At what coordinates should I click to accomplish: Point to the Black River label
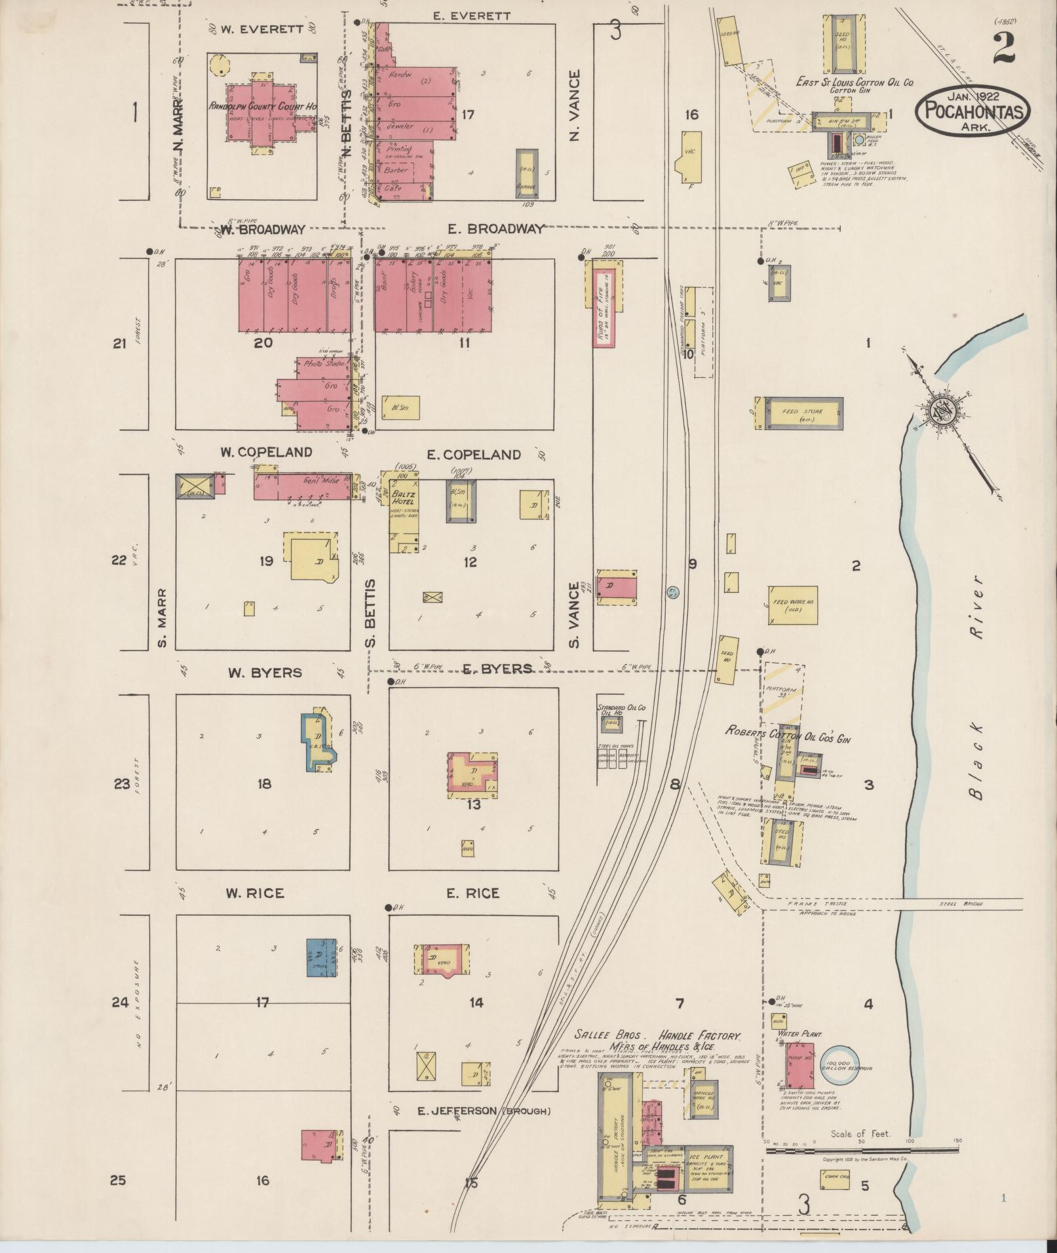point(978,688)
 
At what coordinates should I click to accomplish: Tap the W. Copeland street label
point(265,453)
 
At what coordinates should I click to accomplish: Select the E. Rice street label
point(472,893)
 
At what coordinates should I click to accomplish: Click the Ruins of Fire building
point(604,305)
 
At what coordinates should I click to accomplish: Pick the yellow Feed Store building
point(801,413)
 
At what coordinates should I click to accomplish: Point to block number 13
point(473,804)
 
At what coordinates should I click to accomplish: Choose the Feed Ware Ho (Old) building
point(792,605)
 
